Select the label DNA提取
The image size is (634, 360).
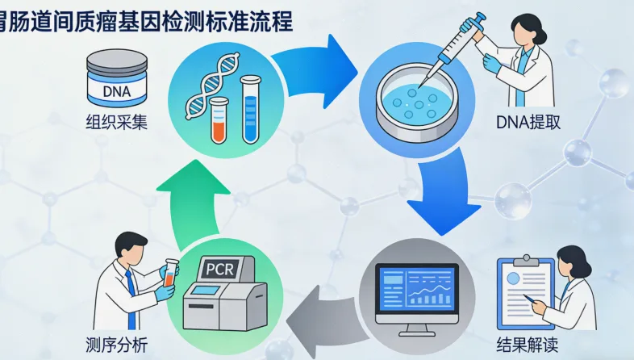(x=529, y=123)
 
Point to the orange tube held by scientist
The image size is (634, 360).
(x=170, y=272)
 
